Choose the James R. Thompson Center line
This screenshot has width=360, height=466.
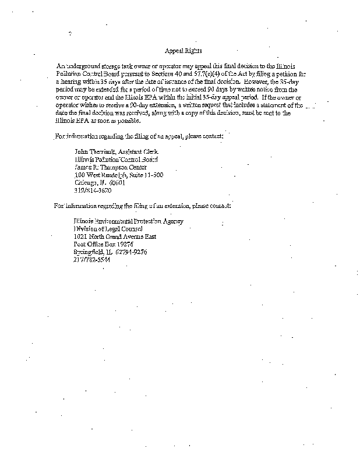tap(110, 167)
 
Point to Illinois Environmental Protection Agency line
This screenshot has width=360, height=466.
tap(128, 221)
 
